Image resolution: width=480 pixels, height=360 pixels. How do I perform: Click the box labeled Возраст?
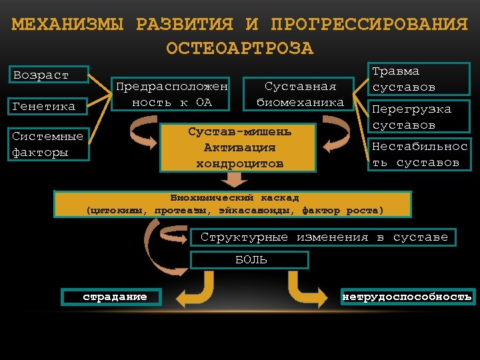[50, 75]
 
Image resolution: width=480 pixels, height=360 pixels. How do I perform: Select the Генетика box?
[50, 106]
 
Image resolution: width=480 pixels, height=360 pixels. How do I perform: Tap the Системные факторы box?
[50, 144]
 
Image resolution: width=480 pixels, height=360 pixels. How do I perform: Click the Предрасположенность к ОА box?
[172, 94]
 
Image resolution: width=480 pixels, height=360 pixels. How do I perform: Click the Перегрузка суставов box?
[419, 117]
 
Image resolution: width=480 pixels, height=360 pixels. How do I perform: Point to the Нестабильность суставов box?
[419, 154]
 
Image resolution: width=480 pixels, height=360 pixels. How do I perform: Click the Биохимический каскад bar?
[233, 204]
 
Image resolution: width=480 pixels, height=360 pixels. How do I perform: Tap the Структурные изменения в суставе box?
[324, 237]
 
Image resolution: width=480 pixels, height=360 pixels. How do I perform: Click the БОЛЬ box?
[250, 260]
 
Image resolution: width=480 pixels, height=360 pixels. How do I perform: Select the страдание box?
[111, 297]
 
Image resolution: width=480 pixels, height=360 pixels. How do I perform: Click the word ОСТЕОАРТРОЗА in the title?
[239, 49]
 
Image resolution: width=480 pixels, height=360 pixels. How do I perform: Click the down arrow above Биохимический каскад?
[234, 181]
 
